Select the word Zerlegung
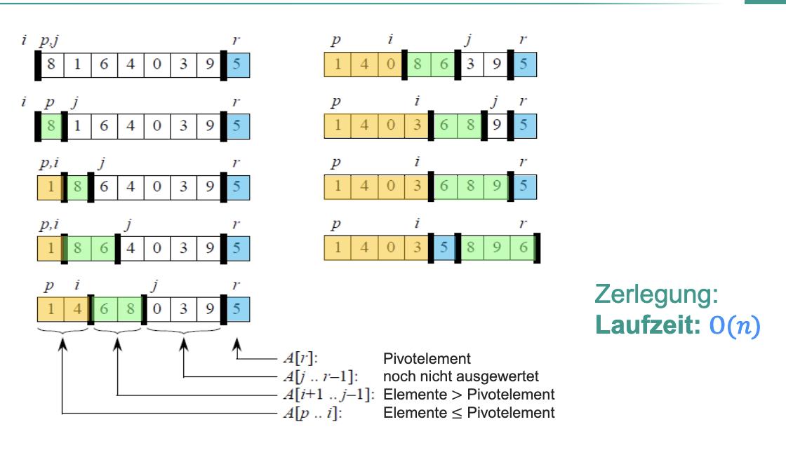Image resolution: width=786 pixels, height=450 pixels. click(x=655, y=295)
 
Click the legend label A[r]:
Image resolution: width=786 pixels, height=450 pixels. click(x=300, y=358)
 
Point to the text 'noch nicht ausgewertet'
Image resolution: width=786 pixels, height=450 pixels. click(x=460, y=376)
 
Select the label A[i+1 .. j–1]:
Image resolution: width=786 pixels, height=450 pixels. click(x=328, y=395)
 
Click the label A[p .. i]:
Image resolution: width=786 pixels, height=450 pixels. click(x=313, y=413)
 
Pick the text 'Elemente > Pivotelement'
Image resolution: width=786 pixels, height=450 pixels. click(x=469, y=395)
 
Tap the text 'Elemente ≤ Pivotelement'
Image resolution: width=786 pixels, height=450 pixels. click(x=469, y=413)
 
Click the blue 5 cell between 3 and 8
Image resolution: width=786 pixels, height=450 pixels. click(x=444, y=248)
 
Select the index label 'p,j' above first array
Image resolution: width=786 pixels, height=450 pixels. click(x=49, y=41)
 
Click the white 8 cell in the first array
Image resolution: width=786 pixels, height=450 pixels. click(x=51, y=66)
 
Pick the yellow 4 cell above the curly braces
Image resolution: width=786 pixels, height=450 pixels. click(x=77, y=309)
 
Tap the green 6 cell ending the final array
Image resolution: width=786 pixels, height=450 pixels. click(x=524, y=248)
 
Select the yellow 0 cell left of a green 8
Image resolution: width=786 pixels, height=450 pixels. click(x=390, y=66)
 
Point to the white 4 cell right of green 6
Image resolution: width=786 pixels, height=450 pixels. click(x=131, y=248)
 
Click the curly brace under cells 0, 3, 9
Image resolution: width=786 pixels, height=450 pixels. click(x=183, y=329)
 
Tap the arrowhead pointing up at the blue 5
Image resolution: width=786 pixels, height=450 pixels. click(x=237, y=341)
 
